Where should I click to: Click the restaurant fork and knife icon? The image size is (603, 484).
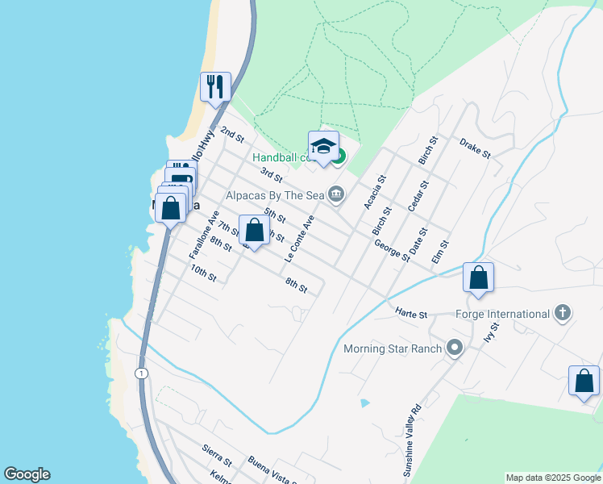pos(215,86)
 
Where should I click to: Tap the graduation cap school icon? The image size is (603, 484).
pos(323,145)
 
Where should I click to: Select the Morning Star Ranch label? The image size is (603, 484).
pos(393,348)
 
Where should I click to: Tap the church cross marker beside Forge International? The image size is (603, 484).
pos(563,313)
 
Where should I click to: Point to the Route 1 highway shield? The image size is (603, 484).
pos(142,373)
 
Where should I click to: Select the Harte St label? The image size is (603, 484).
pos(411,313)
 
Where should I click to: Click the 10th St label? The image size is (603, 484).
pos(203,274)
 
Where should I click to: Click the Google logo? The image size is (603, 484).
pos(27,474)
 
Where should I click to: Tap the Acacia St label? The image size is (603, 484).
pos(374,192)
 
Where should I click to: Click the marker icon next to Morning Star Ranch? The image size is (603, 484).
pos(455,348)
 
